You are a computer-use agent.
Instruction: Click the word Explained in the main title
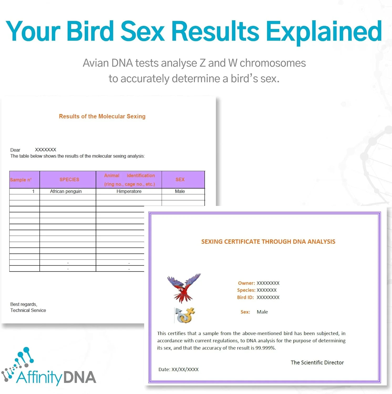coord(324,32)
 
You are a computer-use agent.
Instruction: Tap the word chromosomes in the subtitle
coord(273,63)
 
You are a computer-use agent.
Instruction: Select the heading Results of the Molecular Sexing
coord(102,116)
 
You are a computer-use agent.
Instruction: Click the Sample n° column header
coord(21,180)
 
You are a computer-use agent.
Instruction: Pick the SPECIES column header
coord(69,179)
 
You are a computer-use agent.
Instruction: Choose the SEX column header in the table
coord(180,179)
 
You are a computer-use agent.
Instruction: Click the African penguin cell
coord(66,191)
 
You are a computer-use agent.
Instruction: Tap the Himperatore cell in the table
coord(129,191)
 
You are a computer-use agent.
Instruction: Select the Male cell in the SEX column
coord(180,191)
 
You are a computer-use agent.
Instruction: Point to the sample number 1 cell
coord(33,191)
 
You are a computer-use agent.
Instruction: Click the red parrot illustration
coord(184,288)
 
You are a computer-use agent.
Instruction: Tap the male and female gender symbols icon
coord(185,315)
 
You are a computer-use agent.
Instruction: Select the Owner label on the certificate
coord(246,283)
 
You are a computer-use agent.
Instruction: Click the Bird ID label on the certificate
coord(245,297)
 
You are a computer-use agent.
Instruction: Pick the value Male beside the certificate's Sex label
coord(262,312)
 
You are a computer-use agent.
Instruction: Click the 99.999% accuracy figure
coord(266,348)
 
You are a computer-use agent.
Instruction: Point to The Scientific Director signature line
coord(317,362)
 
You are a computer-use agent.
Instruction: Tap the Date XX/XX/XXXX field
coord(178,369)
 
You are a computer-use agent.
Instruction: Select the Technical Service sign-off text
coord(28,310)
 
